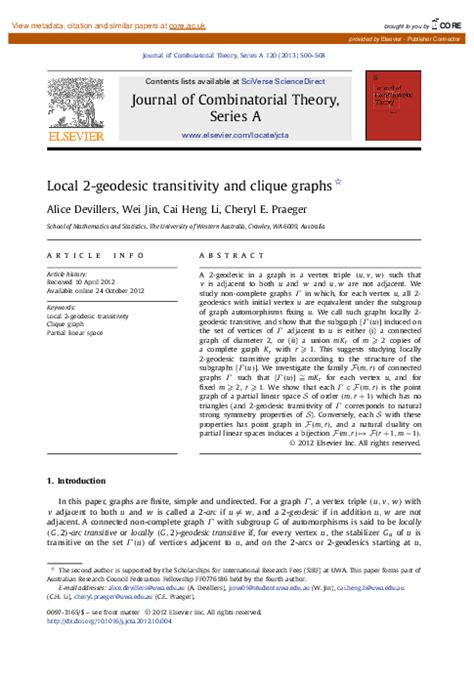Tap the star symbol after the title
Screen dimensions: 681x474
click(337, 181)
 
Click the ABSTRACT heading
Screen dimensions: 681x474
click(224, 255)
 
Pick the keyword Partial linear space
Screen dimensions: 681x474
click(76, 332)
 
